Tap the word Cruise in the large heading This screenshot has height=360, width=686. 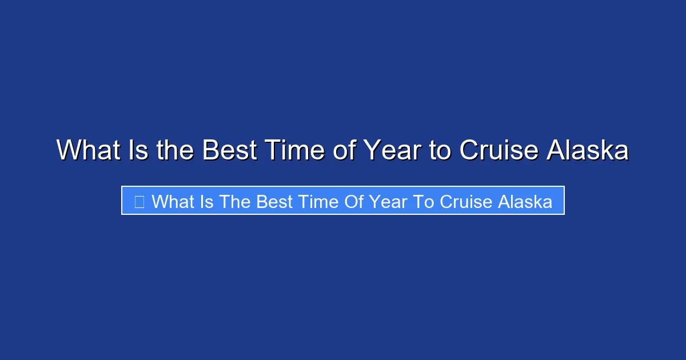[x=498, y=151]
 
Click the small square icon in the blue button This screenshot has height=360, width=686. [x=139, y=201]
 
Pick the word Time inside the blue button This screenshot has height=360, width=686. [x=324, y=201]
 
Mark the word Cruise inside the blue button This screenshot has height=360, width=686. [x=469, y=201]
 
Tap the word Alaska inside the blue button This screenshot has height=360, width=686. [x=525, y=201]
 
